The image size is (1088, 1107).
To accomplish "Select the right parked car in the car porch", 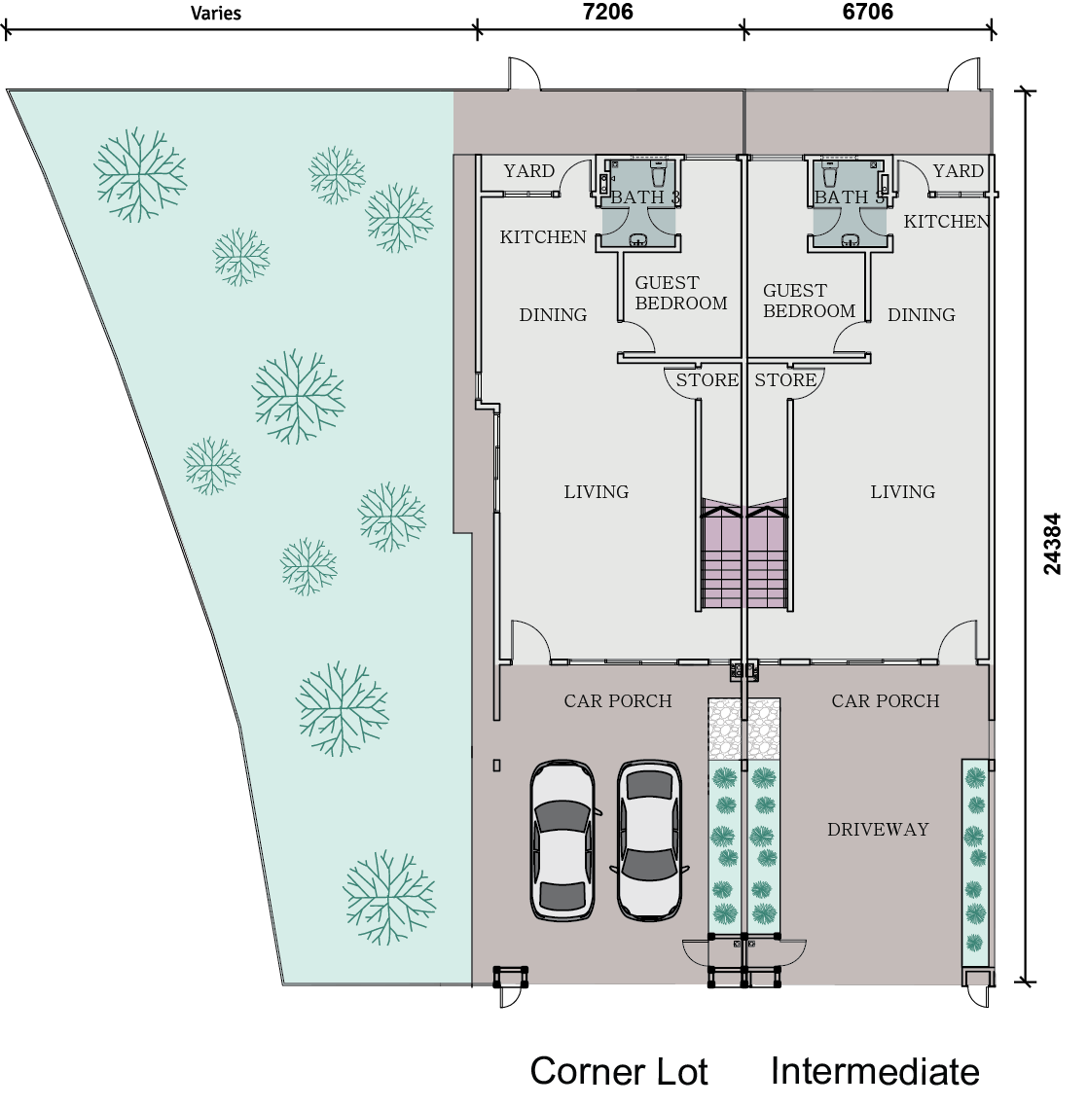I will [x=650, y=839].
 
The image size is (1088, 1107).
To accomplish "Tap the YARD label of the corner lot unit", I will [x=528, y=171].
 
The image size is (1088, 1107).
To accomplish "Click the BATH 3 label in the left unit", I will [x=644, y=197].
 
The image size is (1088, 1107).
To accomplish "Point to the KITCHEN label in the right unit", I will [x=946, y=222].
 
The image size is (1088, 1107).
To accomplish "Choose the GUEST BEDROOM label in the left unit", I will [x=680, y=293].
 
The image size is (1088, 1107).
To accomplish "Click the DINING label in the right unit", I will [x=921, y=315].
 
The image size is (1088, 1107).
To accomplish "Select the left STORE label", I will [x=707, y=380].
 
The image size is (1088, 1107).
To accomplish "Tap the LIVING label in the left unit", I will [x=596, y=492].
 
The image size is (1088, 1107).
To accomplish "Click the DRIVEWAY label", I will [x=878, y=830].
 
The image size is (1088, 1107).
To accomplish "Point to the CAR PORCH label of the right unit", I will [x=885, y=701].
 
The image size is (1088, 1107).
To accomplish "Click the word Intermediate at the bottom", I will [x=874, y=1072].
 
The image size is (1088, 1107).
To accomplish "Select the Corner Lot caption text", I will [x=619, y=1072].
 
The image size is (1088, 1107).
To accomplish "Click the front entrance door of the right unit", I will [x=959, y=643].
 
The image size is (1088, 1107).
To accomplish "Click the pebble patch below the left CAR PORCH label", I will [x=725, y=730].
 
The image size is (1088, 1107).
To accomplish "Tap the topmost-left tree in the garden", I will [x=140, y=173].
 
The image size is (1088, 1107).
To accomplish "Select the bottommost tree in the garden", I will [x=388, y=897].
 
